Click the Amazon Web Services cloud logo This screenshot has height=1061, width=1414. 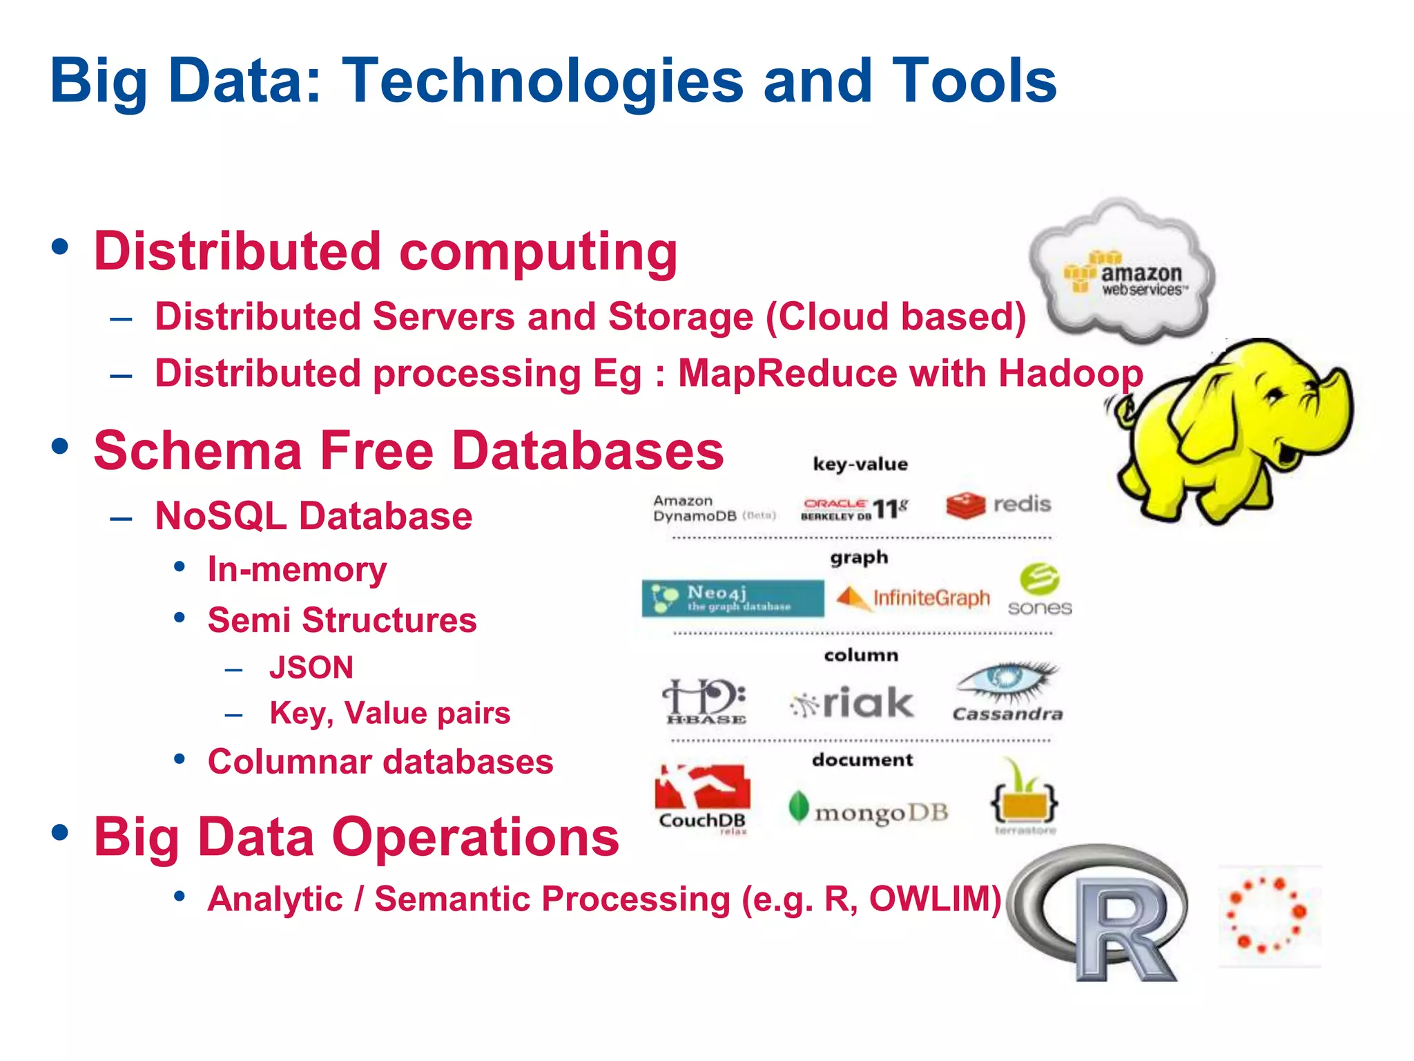1122,273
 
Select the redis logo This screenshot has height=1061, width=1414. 998,505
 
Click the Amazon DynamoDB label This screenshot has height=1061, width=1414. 713,508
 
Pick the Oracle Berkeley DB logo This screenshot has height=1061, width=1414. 854,509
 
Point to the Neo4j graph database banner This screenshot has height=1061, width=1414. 733,598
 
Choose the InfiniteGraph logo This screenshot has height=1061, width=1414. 913,598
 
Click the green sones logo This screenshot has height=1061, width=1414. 1039,591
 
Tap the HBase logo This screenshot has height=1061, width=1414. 705,701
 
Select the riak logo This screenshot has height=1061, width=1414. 853,703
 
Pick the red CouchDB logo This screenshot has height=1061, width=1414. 702,798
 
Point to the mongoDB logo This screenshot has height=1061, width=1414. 869,810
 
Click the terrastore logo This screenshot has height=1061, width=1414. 1025,799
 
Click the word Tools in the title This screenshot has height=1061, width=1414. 974,82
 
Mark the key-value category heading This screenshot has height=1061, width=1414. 860,464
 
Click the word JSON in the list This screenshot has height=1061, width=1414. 311,668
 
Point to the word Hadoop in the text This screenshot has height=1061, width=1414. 1071,374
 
